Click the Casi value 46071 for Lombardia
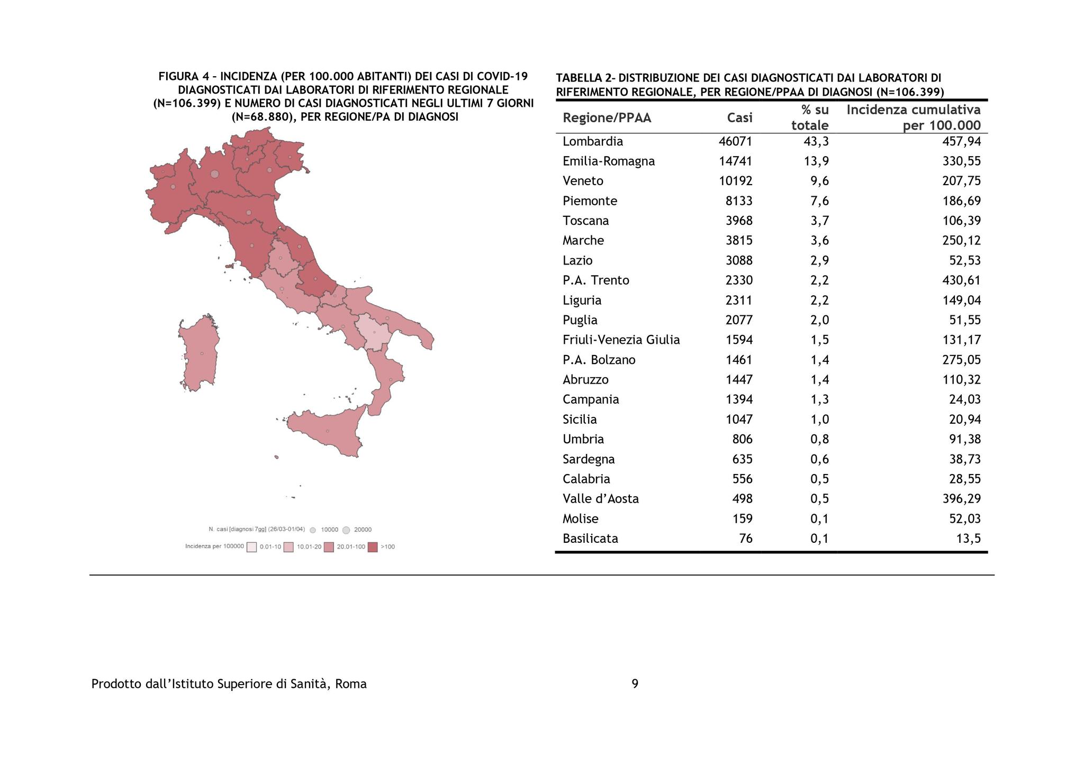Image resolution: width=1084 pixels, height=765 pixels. [735, 141]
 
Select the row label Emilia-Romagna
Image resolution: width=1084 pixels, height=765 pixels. [609, 161]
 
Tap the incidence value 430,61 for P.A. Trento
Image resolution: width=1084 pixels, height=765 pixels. [959, 280]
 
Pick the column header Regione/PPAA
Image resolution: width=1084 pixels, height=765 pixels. [607, 118]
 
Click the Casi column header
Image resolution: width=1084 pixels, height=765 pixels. [739, 118]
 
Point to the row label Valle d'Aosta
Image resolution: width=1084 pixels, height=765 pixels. [601, 499]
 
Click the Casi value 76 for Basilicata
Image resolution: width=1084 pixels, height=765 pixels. [745, 539]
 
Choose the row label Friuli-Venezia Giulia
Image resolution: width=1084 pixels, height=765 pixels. [621, 340]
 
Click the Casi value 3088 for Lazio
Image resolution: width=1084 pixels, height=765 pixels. [739, 260]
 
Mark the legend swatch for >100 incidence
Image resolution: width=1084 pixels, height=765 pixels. [373, 547]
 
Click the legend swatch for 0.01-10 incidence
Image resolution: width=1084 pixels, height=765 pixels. [252, 547]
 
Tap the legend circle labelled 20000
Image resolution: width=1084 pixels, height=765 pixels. [346, 530]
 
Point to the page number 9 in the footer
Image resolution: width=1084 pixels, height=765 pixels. [635, 684]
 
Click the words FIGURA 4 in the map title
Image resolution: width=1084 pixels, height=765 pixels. [184, 76]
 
